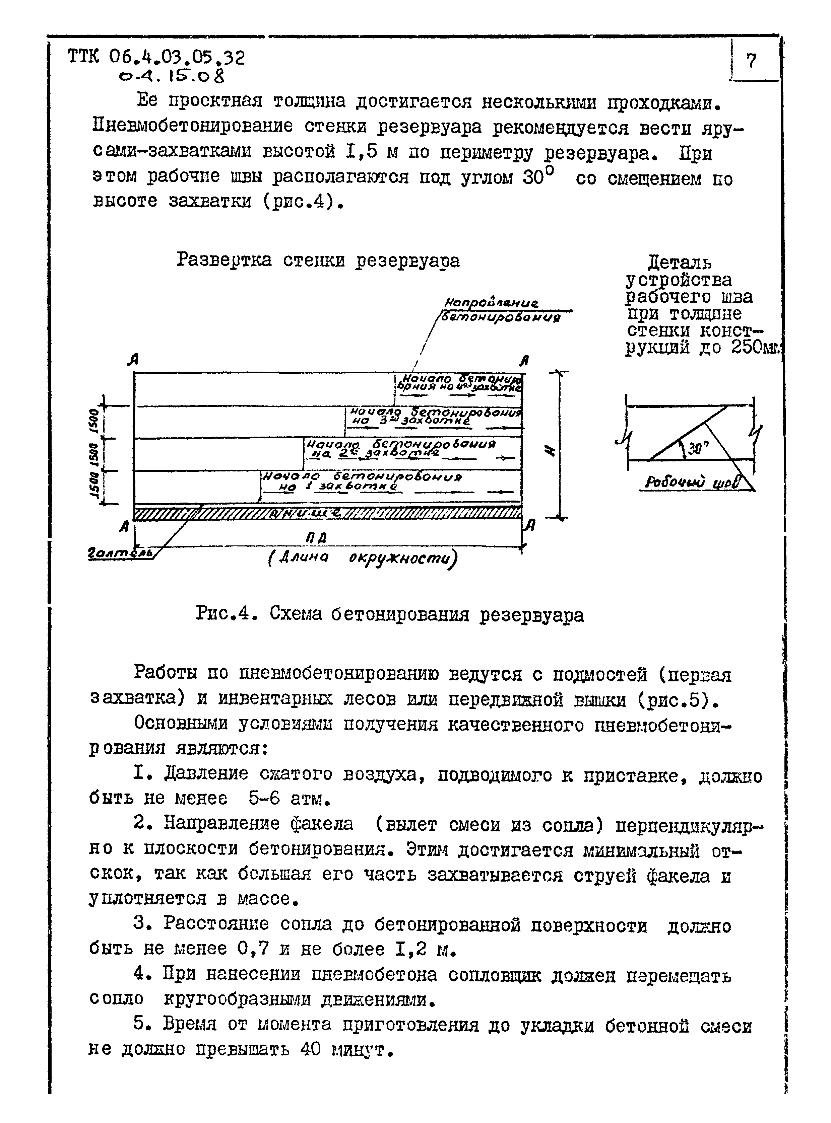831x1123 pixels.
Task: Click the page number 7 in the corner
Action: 751,61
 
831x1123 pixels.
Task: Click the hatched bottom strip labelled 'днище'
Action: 327,513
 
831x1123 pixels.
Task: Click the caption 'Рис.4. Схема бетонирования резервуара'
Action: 389,614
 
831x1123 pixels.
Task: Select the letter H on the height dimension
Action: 551,452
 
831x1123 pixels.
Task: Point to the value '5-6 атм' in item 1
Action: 289,798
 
